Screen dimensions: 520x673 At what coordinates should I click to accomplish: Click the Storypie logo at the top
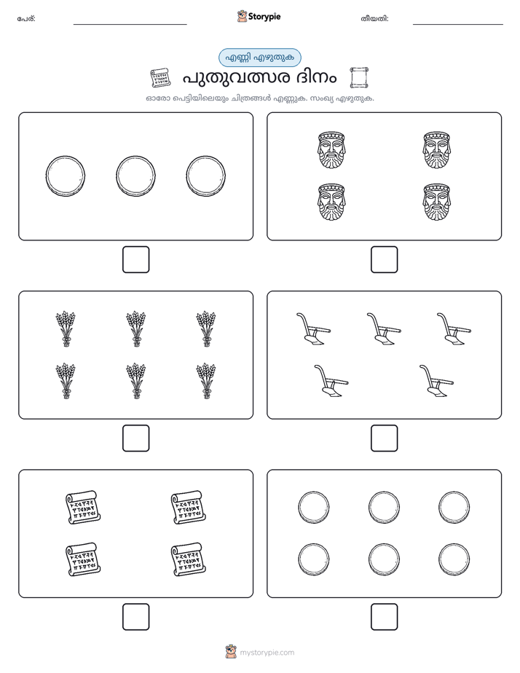click(x=259, y=16)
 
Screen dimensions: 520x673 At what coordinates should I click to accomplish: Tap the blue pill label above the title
click(x=259, y=58)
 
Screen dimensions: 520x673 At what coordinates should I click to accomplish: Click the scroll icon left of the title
click(x=160, y=78)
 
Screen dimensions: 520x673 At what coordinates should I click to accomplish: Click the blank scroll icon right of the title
click(x=359, y=77)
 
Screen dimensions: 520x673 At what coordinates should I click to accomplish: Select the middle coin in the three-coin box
click(x=135, y=176)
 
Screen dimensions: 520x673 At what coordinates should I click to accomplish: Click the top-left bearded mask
click(x=331, y=150)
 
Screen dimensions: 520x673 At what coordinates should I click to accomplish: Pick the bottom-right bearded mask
click(x=436, y=202)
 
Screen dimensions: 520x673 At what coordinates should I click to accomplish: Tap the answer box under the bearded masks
click(x=384, y=259)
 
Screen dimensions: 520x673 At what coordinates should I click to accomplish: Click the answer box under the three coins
click(x=135, y=259)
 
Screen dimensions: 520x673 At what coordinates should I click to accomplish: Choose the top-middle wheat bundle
click(x=135, y=328)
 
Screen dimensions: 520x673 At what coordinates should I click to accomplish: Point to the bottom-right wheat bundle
click(x=206, y=381)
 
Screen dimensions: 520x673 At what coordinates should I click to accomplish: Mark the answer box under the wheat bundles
click(x=135, y=438)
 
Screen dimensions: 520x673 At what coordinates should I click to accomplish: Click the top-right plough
click(x=454, y=328)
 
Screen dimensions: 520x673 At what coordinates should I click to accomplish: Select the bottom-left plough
click(x=331, y=381)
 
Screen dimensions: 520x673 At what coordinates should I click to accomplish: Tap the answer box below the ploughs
click(x=384, y=438)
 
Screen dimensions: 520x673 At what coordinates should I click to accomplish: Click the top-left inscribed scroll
click(x=83, y=507)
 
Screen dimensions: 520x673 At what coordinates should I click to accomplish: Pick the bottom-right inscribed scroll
click(x=189, y=559)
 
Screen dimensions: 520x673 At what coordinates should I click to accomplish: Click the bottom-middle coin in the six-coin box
click(x=384, y=559)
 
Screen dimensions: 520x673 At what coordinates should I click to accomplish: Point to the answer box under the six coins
click(x=384, y=617)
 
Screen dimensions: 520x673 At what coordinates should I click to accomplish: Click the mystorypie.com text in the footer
click(x=267, y=653)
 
